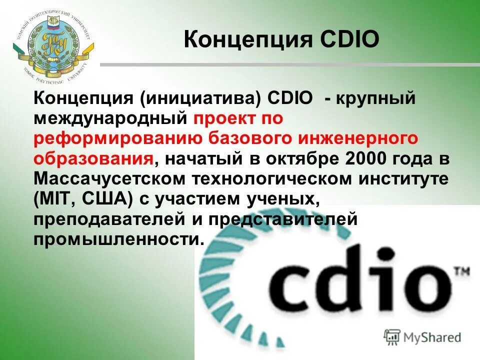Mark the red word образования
[93, 158]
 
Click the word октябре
[310, 158]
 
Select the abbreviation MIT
[61, 199]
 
